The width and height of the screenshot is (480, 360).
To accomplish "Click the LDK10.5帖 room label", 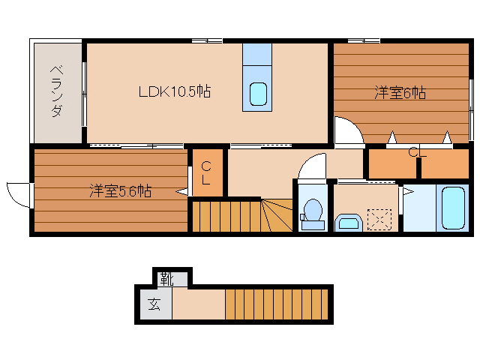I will click(174, 92).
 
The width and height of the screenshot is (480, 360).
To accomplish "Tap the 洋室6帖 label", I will click(400, 93).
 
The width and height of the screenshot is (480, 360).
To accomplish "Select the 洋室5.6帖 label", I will click(121, 190).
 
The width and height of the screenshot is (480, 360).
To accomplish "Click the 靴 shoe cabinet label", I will click(166, 279).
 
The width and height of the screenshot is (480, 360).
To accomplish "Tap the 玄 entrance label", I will click(154, 304).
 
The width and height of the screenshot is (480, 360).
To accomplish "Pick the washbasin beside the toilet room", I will click(349, 222).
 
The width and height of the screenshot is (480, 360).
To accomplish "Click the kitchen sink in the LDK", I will click(258, 94).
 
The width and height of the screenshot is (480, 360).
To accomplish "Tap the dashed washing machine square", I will click(384, 218).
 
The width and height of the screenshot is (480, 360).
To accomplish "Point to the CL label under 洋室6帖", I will click(417, 153).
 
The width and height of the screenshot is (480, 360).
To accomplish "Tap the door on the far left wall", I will click(16, 193).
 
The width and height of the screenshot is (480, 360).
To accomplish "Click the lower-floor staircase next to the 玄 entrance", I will click(277, 304).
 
